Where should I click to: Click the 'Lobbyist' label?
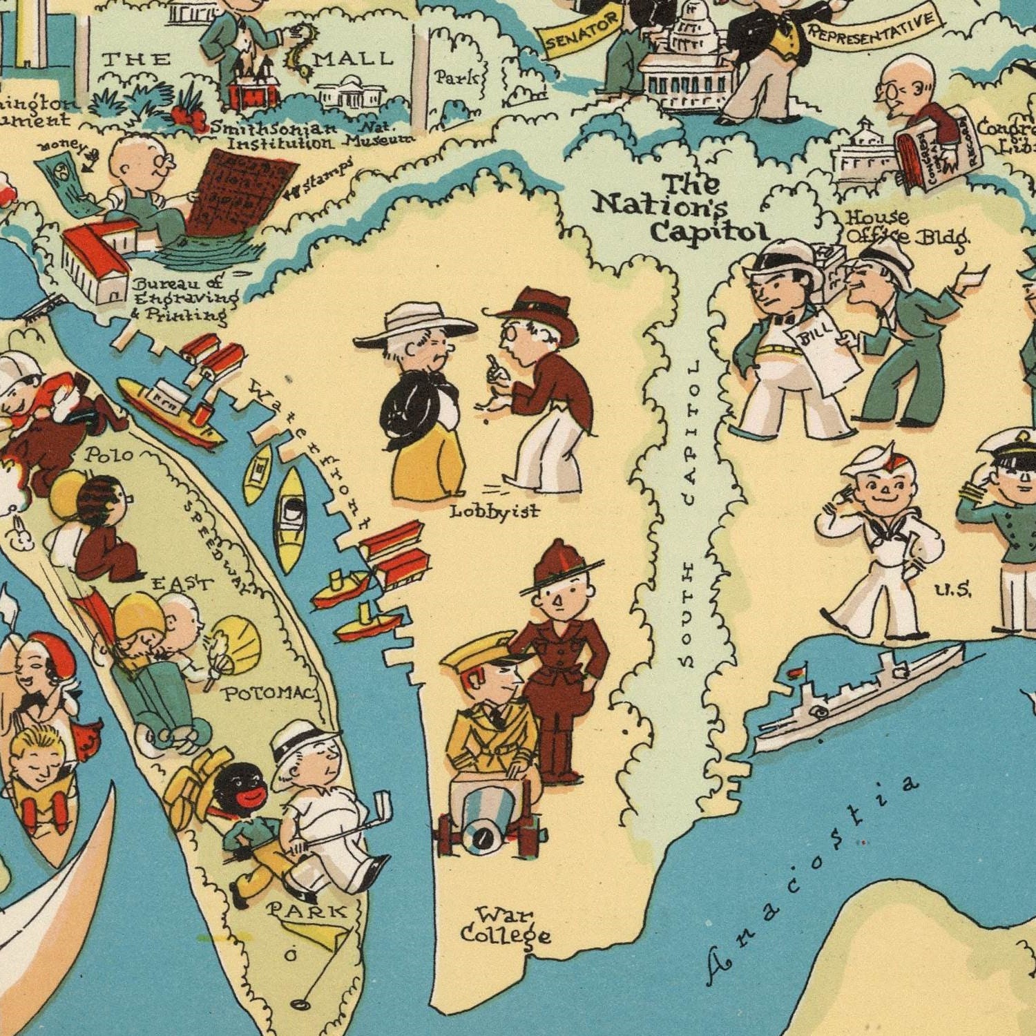pos(495,512)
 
